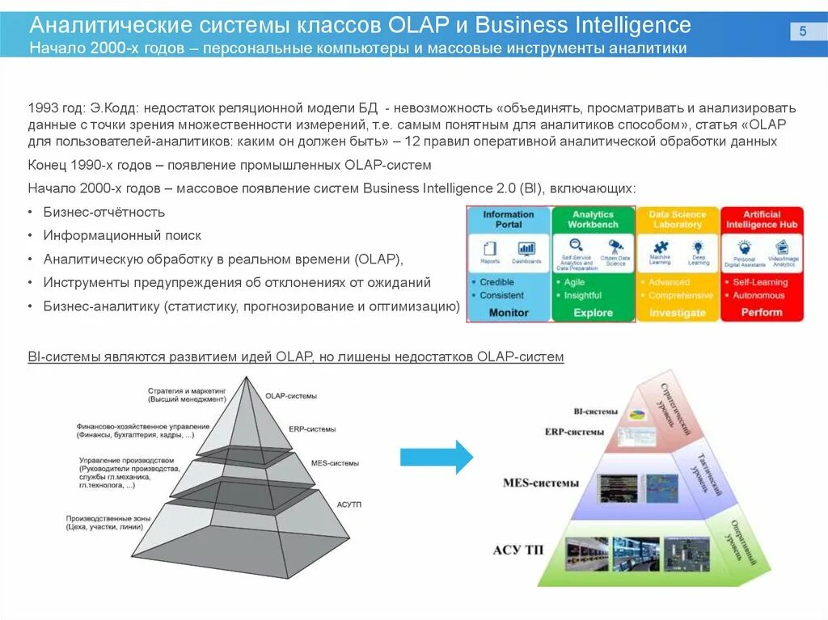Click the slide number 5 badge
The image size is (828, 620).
coord(803,32)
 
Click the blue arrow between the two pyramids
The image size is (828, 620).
coord(436,457)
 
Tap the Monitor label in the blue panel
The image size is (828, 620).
coord(509,313)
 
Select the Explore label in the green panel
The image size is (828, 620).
coord(594,313)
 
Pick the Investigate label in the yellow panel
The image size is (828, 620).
coord(678,313)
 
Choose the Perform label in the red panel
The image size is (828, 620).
coord(762,312)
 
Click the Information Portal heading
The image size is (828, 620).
coord(509,219)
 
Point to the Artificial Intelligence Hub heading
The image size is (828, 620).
coord(762,219)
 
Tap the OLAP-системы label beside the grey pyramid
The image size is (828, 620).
coord(291,396)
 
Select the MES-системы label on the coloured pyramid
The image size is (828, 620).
coord(541,483)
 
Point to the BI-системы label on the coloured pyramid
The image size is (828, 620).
coord(595,411)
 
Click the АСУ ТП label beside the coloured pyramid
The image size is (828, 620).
coord(518,551)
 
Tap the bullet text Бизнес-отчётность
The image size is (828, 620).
coord(104,212)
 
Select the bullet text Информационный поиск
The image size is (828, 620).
coord(122,235)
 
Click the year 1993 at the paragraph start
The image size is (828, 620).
coord(42,108)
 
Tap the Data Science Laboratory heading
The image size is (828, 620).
coord(678,219)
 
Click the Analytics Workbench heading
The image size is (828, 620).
coord(594,219)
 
